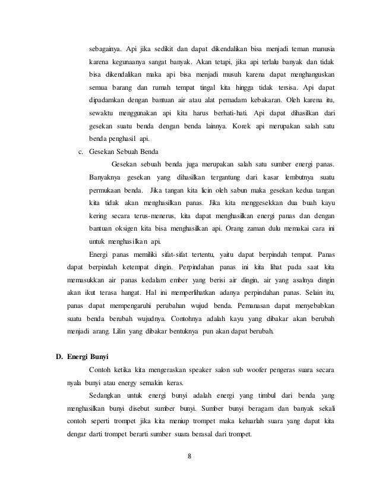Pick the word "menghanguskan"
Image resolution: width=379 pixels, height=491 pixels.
click(x=311, y=75)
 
